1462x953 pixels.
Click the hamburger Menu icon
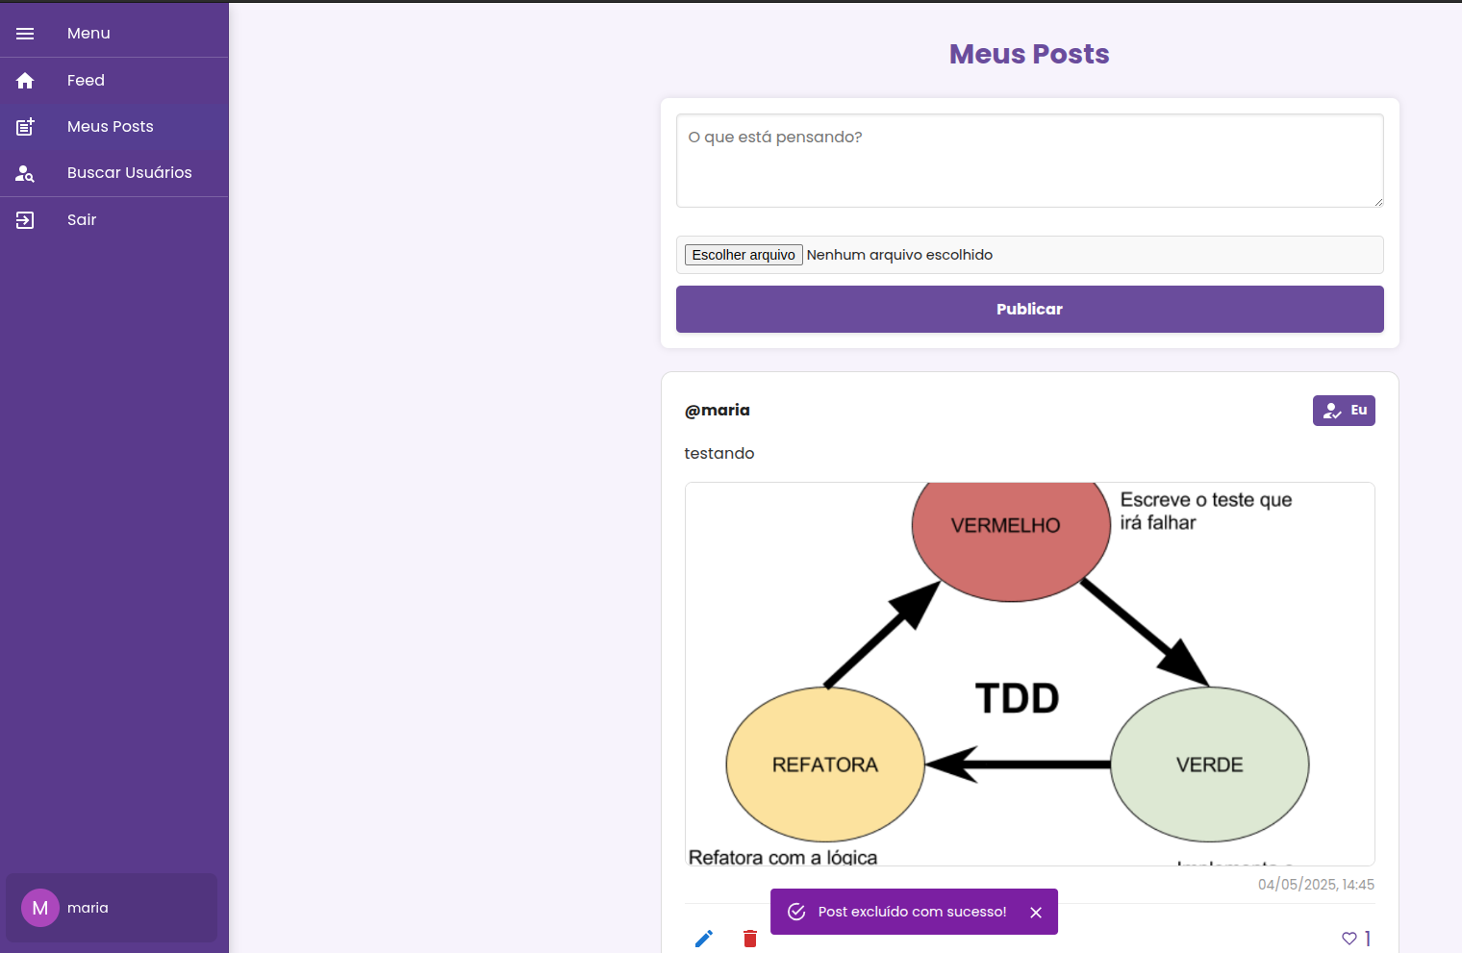[25, 34]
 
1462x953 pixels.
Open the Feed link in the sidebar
[86, 81]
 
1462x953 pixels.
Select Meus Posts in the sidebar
[110, 127]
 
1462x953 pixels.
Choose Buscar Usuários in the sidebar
[129, 173]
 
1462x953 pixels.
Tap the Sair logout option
[82, 220]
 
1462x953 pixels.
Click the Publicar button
[1029, 310]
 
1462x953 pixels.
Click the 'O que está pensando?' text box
[1029, 161]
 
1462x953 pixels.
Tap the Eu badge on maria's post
[1343, 411]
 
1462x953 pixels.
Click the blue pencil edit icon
[704, 939]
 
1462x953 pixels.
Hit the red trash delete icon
[750, 939]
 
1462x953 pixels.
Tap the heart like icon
[1349, 939]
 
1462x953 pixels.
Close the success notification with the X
[1036, 913]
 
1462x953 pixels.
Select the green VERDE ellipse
[1209, 765]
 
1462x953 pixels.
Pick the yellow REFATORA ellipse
[825, 765]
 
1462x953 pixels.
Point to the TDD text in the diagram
[1017, 698]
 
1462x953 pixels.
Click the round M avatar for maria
[40, 908]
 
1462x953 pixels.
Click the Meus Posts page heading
[1029, 54]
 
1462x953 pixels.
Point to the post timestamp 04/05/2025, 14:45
[1316, 885]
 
